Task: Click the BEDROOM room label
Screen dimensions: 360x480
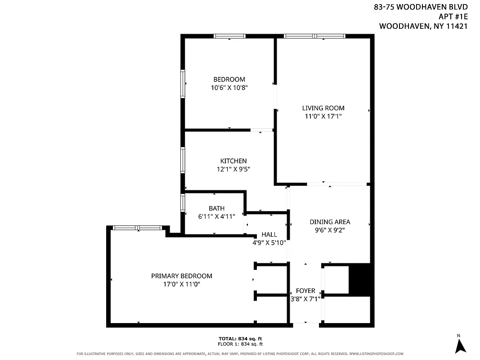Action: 229,80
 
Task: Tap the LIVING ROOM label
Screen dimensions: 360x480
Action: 323,108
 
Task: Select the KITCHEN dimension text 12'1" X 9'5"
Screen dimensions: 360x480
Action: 233,169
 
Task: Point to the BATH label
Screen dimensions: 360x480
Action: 216,208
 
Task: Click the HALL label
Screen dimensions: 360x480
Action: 269,234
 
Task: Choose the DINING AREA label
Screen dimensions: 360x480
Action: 330,222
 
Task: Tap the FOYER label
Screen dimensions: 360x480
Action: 305,291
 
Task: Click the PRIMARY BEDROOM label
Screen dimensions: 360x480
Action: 181,276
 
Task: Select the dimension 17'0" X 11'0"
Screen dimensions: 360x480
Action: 181,284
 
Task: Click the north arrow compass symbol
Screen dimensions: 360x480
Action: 460,345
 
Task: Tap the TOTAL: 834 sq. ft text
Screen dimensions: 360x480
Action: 240,338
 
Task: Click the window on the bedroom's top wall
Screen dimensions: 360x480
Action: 229,36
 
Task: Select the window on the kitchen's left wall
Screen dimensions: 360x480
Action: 183,160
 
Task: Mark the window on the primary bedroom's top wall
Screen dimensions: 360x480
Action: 137,228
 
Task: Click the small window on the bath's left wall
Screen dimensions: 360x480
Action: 183,202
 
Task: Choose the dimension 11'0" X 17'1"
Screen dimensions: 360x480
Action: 323,116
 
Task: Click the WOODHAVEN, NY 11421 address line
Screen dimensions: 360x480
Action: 423,26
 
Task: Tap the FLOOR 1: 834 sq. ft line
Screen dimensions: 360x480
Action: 240,344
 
